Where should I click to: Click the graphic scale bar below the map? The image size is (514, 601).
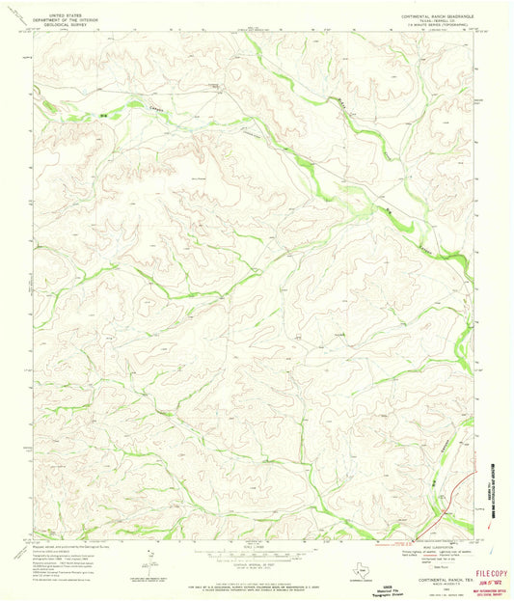click(x=257, y=545)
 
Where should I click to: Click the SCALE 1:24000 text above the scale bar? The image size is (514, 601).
click(x=257, y=538)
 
